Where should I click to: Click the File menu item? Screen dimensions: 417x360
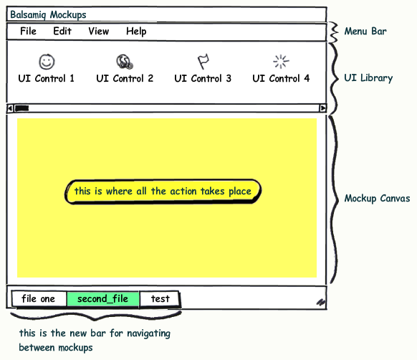point(28,31)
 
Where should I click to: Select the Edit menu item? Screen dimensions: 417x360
point(62,31)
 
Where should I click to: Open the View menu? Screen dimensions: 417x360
point(99,31)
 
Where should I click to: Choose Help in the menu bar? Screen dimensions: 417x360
point(136,32)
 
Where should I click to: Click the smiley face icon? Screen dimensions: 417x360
point(47,62)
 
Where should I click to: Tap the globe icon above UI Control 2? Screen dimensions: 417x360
point(125,62)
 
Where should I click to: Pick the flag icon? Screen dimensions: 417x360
point(203,62)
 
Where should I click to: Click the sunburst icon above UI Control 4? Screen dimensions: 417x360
point(281,62)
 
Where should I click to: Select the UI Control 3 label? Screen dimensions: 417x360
point(203,79)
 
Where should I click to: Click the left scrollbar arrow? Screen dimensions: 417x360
point(10,108)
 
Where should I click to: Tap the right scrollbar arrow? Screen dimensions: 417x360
point(323,108)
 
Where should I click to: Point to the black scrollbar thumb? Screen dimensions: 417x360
point(21,108)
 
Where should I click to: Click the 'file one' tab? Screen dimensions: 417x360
point(39,299)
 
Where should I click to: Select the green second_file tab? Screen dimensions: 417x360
point(102,299)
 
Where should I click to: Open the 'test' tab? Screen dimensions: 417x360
point(160,299)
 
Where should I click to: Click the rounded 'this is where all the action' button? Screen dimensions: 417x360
point(163,191)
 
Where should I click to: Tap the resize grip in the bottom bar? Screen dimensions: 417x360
point(321,302)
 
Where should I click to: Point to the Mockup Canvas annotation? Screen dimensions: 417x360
point(377,199)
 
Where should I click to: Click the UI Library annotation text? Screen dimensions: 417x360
point(368,78)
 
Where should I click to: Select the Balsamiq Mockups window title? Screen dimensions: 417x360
point(48,15)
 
